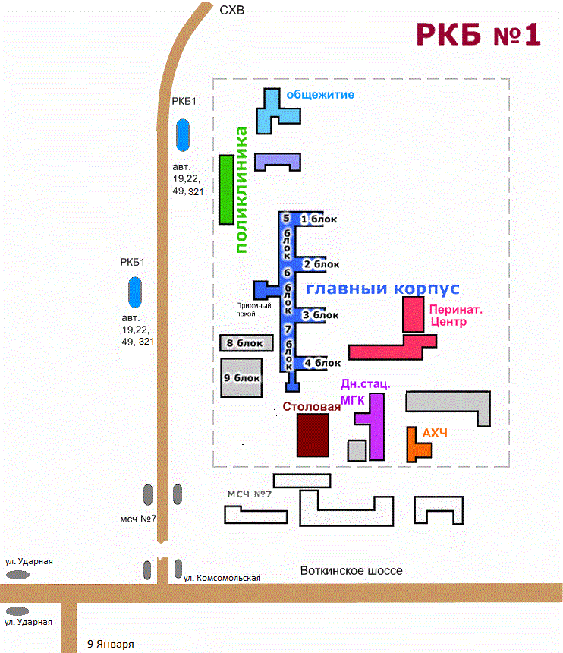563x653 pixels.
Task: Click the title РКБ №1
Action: click(479, 34)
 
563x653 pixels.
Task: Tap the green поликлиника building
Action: click(226, 190)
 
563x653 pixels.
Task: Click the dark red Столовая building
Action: click(313, 435)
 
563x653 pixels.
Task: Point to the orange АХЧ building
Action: click(412, 448)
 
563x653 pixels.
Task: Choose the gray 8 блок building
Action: click(247, 342)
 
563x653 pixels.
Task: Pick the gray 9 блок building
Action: click(241, 377)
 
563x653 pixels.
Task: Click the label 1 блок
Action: click(319, 219)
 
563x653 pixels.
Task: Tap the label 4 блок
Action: click(322, 363)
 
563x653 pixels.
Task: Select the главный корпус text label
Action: click(383, 289)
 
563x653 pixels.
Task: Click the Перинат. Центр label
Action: click(456, 315)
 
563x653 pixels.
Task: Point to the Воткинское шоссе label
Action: click(351, 570)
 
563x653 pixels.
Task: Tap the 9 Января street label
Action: click(111, 644)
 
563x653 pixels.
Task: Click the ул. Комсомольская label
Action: click(222, 578)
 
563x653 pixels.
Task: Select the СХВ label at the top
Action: click(231, 10)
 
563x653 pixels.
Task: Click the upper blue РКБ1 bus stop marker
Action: click(183, 135)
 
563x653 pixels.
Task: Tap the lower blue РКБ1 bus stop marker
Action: click(135, 292)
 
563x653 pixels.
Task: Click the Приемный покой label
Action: click(253, 310)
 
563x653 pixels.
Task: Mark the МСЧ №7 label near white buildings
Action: click(249, 494)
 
